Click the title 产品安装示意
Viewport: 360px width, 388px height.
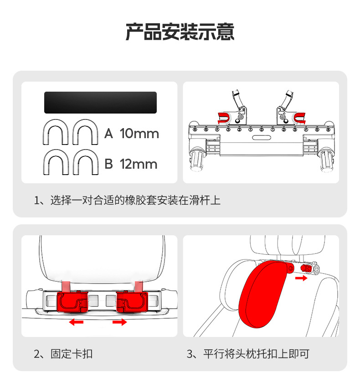pyautogui.click(x=180, y=32)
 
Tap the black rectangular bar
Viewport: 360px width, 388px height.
pyautogui.click(x=100, y=103)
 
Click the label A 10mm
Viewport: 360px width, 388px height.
pyautogui.click(x=132, y=134)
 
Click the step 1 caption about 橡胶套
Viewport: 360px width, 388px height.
pyautogui.click(x=127, y=201)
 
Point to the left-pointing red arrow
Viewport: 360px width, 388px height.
pyautogui.click(x=76, y=322)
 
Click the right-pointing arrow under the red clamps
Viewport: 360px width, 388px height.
pyautogui.click(x=119, y=322)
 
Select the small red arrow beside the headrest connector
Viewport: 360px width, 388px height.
pyautogui.click(x=301, y=277)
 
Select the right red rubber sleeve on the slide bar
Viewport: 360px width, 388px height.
pyautogui.click(x=300, y=118)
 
